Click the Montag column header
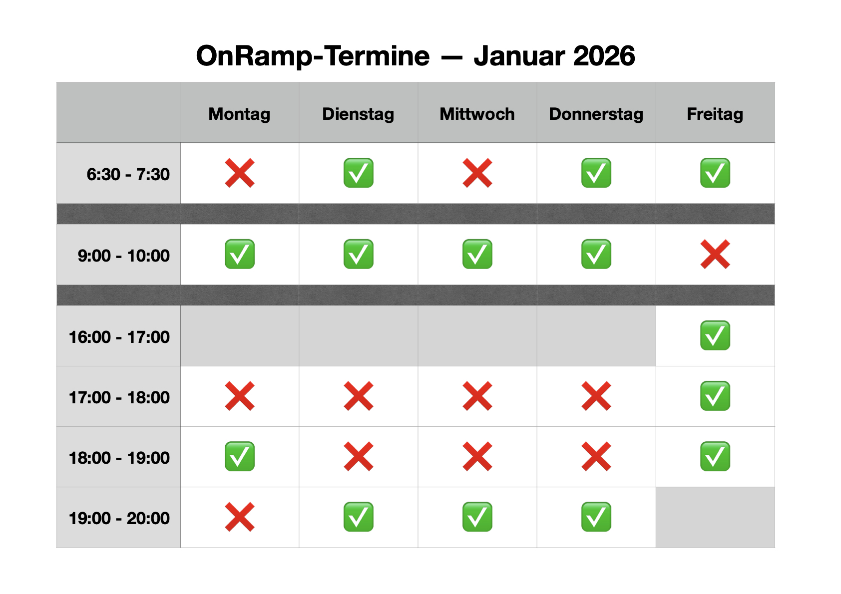(239, 114)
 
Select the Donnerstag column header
(596, 114)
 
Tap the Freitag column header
(715, 114)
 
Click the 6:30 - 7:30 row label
(128, 174)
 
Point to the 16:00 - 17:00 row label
(119, 337)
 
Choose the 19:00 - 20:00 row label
(119, 518)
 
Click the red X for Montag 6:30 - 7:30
(240, 173)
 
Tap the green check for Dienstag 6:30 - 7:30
(359, 173)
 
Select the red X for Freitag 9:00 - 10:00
(715, 255)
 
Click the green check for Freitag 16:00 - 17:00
(715, 335)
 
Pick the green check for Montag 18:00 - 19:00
(240, 457)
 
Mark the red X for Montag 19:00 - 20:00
(240, 517)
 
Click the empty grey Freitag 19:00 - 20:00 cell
(715, 518)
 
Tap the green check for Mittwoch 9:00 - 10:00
(477, 255)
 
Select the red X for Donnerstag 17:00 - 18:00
(596, 396)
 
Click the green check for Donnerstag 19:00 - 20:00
(596, 517)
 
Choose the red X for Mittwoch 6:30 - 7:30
(477, 173)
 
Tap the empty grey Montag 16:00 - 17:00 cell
(240, 336)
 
